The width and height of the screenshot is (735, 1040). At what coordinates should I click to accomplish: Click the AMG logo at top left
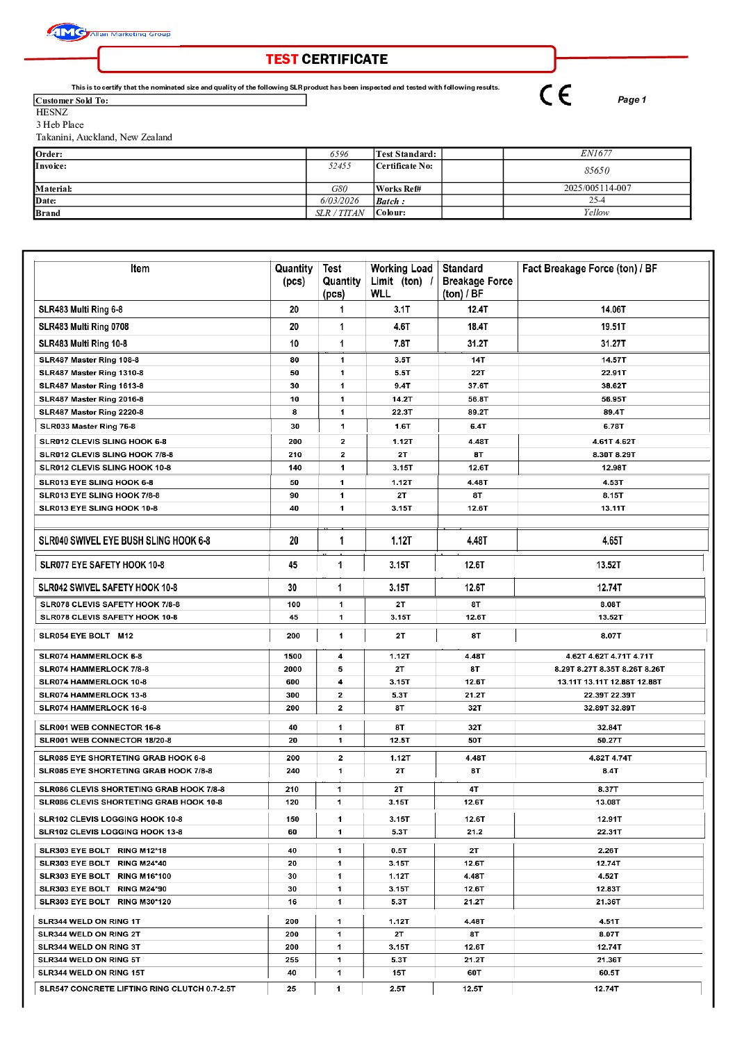[67, 32]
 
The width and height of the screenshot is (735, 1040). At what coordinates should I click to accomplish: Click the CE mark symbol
[555, 95]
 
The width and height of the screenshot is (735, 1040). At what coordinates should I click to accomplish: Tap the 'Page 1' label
[631, 100]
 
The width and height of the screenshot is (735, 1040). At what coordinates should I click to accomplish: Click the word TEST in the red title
[282, 60]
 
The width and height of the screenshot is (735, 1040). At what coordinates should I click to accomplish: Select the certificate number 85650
[596, 171]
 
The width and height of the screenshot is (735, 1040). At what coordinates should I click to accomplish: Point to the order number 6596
[339, 154]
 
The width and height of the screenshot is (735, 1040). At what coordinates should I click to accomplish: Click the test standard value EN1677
[596, 154]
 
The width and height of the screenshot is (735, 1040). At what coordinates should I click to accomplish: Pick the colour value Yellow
[596, 213]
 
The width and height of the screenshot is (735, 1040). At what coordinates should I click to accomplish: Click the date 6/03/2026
[339, 201]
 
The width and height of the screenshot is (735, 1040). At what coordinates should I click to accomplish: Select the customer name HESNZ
[52, 113]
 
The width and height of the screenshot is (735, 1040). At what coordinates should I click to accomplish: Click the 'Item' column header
[140, 269]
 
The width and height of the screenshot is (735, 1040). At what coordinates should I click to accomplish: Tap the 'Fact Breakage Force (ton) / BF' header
[589, 269]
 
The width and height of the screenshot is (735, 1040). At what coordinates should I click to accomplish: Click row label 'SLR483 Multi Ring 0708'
[83, 327]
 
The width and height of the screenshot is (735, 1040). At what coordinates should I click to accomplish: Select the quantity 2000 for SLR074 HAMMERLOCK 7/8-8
[292, 669]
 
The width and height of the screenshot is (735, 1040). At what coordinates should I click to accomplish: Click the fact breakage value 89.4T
[613, 412]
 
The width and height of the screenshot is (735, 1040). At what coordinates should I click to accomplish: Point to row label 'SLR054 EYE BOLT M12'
[86, 636]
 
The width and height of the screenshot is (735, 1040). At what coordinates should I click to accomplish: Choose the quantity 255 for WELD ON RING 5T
[292, 960]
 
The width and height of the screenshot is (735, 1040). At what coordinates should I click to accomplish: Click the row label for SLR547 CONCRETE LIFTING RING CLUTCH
[137, 989]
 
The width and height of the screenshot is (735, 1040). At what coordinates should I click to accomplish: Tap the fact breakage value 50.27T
[609, 741]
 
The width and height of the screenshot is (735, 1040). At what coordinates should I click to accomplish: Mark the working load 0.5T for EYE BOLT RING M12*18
[399, 851]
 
